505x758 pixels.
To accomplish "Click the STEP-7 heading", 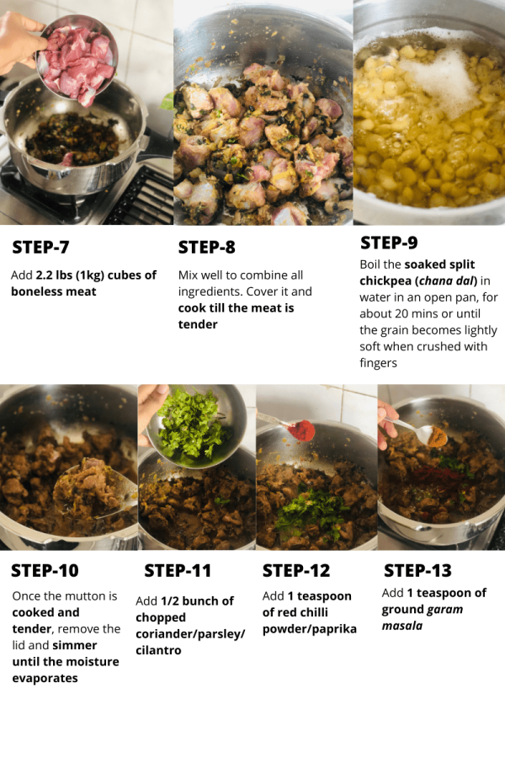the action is click(40, 247).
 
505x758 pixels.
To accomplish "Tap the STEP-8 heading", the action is click(207, 247).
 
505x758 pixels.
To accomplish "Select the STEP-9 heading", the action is click(389, 243).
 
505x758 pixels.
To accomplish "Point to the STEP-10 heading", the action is click(45, 570).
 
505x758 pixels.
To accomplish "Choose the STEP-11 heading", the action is click(178, 570).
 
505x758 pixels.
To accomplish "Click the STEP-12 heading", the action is click(296, 570).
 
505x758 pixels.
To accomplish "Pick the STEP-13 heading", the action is click(418, 570).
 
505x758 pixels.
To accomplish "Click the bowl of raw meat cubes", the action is click(77, 59).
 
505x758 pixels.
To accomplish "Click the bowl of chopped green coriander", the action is click(196, 425).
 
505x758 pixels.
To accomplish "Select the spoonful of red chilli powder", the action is click(301, 430).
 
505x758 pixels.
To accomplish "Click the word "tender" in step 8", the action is click(198, 324).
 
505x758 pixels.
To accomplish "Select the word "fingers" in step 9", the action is click(379, 363).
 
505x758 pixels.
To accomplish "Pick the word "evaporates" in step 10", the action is click(45, 678).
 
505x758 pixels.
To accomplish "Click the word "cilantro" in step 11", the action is click(158, 650).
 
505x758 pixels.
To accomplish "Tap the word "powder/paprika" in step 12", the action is click(310, 629).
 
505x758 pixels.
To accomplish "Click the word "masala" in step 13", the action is click(402, 626).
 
